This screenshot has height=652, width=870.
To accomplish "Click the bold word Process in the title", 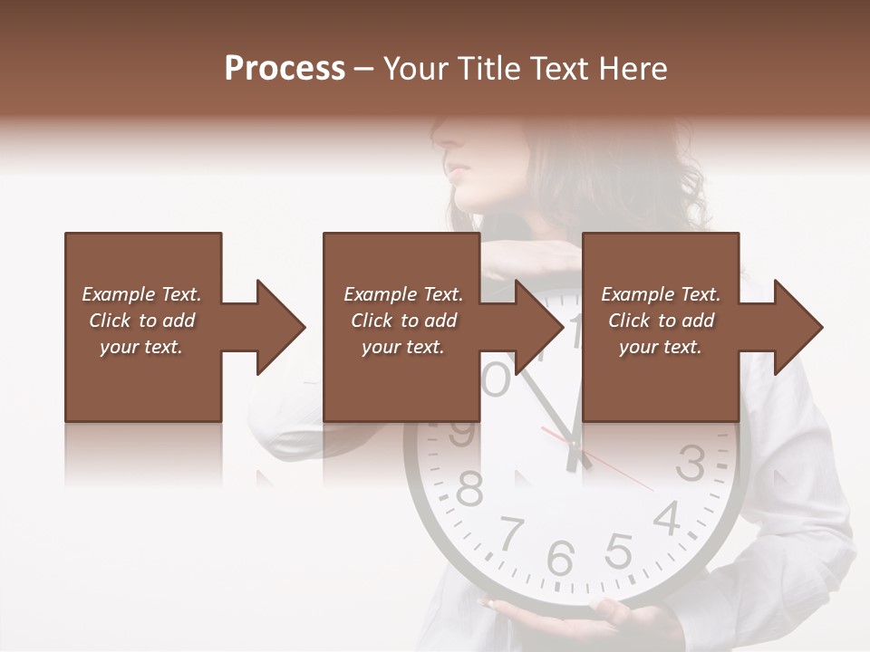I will tap(285, 69).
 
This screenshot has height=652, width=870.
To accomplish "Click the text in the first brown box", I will tap(141, 321).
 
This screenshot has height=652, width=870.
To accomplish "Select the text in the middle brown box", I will tap(403, 321).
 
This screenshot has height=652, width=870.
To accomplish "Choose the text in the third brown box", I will tap(661, 321).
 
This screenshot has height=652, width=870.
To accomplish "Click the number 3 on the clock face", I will tap(691, 464).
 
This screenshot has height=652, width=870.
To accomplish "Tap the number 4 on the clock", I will tap(667, 518).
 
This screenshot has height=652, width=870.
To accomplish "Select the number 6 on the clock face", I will tap(561, 558).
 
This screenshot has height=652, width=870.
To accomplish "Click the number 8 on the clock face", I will tap(469, 490).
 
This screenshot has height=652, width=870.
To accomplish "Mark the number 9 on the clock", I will tap(462, 433).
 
